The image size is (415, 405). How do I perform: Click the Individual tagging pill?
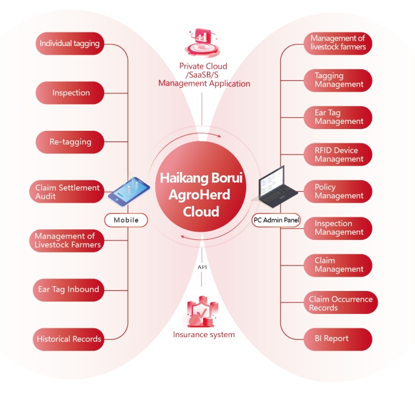pos(69,44)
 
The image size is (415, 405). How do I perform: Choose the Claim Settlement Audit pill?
pos(67,192)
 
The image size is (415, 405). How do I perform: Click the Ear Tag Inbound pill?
pos(69,289)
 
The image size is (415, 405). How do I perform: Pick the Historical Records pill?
pos(69,339)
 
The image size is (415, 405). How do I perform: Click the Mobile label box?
pos(126,220)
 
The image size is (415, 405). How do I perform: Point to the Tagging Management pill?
pos(338,80)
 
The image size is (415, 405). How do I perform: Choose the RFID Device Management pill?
pos(338,155)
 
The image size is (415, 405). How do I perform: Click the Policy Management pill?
pos(338,191)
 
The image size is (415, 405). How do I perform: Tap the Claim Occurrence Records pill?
pos(340,303)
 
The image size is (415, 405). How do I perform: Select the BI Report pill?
pos(338,339)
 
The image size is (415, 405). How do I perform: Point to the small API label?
pos(202,267)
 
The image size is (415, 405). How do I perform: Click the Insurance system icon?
pos(203,312)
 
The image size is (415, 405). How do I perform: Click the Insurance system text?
pos(204,335)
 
